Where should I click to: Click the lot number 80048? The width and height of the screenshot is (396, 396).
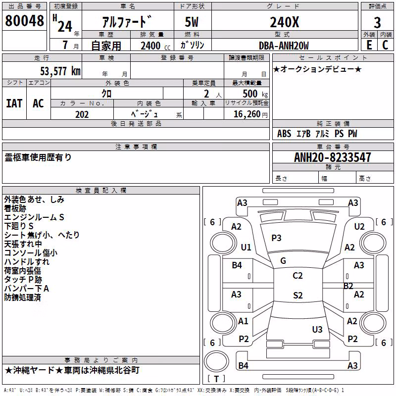24,21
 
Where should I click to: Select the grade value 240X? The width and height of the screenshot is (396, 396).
284,22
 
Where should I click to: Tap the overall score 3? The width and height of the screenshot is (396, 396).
377,23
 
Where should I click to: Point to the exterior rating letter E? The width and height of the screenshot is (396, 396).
369,45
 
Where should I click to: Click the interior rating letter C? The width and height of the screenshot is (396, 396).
385,45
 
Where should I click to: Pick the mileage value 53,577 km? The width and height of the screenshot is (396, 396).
60,71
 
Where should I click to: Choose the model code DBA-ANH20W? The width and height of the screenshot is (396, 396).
284,46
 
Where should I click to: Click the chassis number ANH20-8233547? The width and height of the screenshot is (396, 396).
333,157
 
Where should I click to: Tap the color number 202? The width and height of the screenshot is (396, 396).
82,114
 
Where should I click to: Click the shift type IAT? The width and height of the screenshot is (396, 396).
14,103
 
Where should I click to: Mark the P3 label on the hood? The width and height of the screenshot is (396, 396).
276,238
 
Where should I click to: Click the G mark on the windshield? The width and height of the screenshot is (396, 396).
283,261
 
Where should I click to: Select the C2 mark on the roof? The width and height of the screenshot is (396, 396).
297,276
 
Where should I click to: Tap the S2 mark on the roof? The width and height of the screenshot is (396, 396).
298,296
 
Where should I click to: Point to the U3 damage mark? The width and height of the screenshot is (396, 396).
317,329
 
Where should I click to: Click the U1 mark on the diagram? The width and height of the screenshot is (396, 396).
246,247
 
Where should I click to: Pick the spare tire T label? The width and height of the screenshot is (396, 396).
216,379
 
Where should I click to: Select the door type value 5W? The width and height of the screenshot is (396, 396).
192,22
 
